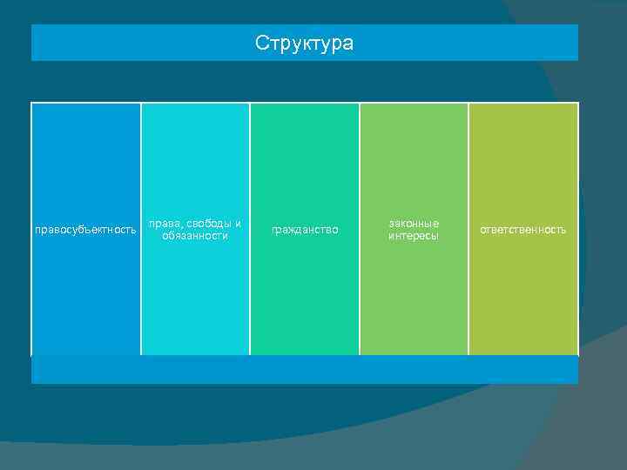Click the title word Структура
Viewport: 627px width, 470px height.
(305, 43)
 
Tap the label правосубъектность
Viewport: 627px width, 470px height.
(85, 231)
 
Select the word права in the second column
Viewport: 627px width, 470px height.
(163, 224)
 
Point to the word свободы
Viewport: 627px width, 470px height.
(207, 224)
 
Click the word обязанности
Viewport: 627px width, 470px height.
(195, 236)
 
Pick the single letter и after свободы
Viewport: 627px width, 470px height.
(239, 224)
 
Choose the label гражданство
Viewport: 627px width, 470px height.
(305, 230)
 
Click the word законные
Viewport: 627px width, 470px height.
(414, 224)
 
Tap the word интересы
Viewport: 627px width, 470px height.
(414, 236)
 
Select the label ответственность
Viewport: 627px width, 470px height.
(523, 230)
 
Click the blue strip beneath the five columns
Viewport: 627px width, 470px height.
(305, 369)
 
